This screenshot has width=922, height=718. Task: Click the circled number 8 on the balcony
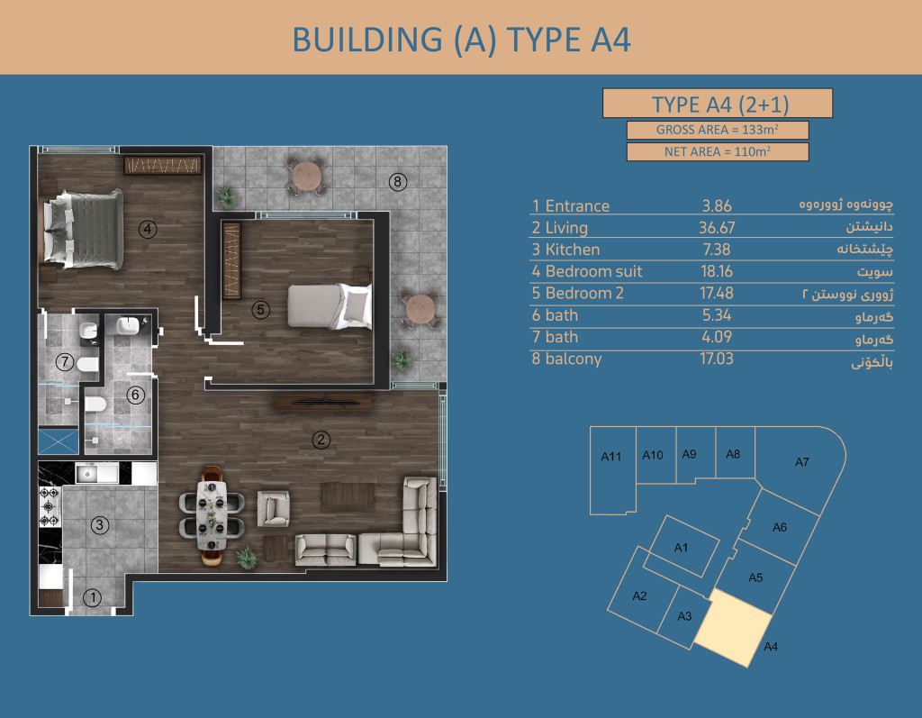(397, 182)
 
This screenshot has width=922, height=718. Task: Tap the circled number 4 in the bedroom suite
(148, 229)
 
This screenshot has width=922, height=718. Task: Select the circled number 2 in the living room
(321, 440)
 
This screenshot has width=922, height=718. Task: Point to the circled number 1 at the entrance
(93, 598)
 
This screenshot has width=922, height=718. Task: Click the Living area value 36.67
(717, 228)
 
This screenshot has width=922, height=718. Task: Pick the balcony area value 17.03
(716, 359)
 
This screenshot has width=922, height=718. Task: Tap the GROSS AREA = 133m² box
(718, 130)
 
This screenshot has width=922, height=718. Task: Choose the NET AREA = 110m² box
(718, 152)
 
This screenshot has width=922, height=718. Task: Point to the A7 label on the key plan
(802, 462)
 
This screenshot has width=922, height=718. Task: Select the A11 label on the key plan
(611, 457)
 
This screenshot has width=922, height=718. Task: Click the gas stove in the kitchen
(50, 506)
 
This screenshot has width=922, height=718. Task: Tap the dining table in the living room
(212, 515)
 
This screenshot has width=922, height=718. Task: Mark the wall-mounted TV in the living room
(324, 403)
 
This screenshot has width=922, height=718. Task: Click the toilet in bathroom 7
(87, 365)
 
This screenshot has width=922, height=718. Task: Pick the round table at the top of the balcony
(306, 176)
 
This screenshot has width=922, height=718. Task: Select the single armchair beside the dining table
(274, 508)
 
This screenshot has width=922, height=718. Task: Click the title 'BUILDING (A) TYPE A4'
(462, 40)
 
